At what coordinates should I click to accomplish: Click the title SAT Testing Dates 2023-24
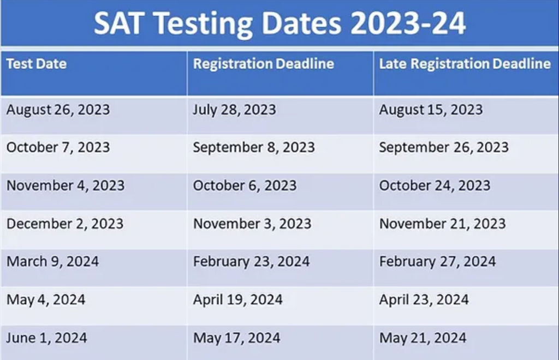pyautogui.click(x=279, y=23)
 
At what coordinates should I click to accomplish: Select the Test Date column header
pyautogui.click(x=37, y=64)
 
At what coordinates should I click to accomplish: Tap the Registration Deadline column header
pyautogui.click(x=264, y=64)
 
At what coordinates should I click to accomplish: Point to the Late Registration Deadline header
pyautogui.click(x=465, y=64)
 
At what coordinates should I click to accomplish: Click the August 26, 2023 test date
pyautogui.click(x=58, y=110)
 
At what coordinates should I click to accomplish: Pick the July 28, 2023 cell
pyautogui.click(x=234, y=110)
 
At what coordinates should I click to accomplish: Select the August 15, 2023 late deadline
pyautogui.click(x=431, y=110)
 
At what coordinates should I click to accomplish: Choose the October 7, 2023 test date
pyautogui.click(x=58, y=147)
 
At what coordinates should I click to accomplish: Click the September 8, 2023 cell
pyautogui.click(x=254, y=147)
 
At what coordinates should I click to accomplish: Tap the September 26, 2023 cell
pyautogui.click(x=444, y=147)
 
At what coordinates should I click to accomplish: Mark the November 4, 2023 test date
pyautogui.click(x=66, y=185)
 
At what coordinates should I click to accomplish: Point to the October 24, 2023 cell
pyautogui.click(x=435, y=185)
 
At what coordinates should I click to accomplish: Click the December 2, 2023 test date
pyautogui.click(x=65, y=224)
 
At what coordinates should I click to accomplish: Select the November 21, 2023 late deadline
pyautogui.click(x=442, y=224)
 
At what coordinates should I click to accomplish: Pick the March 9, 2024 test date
pyautogui.click(x=52, y=261)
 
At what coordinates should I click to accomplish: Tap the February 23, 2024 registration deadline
pyautogui.click(x=251, y=262)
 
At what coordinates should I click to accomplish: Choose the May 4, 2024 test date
pyautogui.click(x=46, y=300)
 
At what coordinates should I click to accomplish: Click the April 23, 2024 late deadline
pyautogui.click(x=424, y=300)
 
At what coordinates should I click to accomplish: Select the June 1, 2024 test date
pyautogui.click(x=46, y=338)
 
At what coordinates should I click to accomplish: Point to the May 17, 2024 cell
pyautogui.click(x=236, y=338)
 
